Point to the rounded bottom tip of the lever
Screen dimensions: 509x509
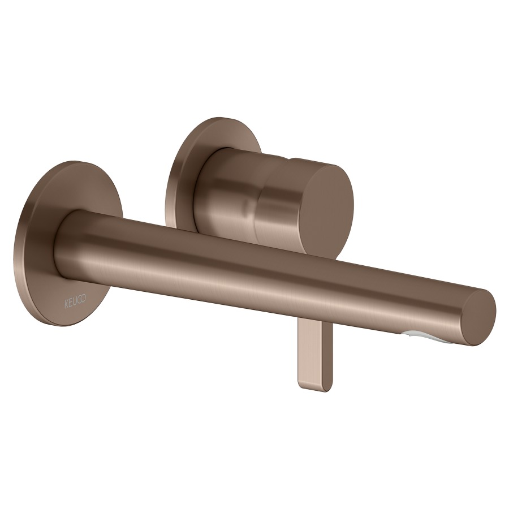click(314, 390)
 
